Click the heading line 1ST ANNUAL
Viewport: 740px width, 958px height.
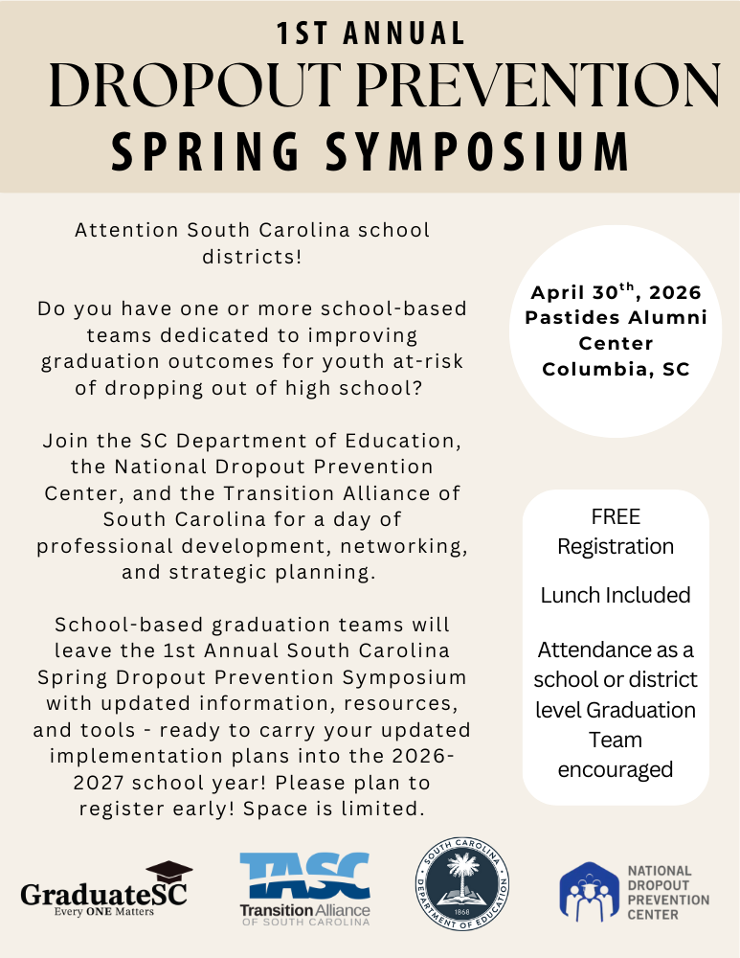[x=370, y=34]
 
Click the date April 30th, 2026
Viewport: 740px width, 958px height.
[x=617, y=292]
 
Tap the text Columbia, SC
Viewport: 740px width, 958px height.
[x=616, y=369]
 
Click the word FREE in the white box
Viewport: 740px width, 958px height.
[x=616, y=517]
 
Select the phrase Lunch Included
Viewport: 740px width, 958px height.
[x=616, y=595]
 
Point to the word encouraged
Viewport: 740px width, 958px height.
[x=616, y=769]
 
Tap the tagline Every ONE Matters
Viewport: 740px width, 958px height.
[x=103, y=911]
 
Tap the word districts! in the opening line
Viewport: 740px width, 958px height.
[x=253, y=257]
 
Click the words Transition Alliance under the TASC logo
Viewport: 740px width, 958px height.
[x=304, y=909]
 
